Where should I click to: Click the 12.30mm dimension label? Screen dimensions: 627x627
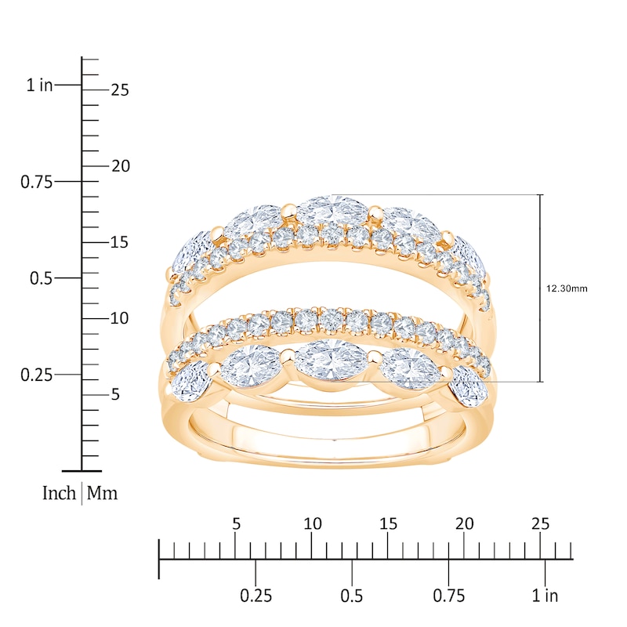[x=566, y=288]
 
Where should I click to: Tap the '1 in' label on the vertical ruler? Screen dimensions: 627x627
[x=39, y=85]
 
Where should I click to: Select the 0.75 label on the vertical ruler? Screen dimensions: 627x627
[x=35, y=182]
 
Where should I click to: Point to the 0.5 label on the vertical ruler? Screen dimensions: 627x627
[x=40, y=278]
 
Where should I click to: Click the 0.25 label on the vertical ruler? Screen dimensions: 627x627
[x=35, y=375]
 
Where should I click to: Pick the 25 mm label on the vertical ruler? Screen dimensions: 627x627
[x=119, y=90]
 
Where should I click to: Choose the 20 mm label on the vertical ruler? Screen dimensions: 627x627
[x=119, y=166]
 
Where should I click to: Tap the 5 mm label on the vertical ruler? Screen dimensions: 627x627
[x=114, y=394]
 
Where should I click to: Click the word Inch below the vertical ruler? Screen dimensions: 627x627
[x=59, y=494]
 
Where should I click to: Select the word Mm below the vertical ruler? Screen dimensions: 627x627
[x=102, y=494]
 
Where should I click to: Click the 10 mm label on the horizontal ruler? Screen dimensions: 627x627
[x=312, y=524]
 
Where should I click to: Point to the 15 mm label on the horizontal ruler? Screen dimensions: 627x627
[x=388, y=524]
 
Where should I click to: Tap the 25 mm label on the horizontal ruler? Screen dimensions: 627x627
[x=540, y=524]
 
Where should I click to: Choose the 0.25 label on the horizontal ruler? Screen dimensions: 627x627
[x=256, y=596]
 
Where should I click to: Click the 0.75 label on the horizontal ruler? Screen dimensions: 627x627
[x=448, y=596]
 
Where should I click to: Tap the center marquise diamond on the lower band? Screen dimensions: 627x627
[x=332, y=360]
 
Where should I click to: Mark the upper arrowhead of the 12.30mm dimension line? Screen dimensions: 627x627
[x=540, y=197]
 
